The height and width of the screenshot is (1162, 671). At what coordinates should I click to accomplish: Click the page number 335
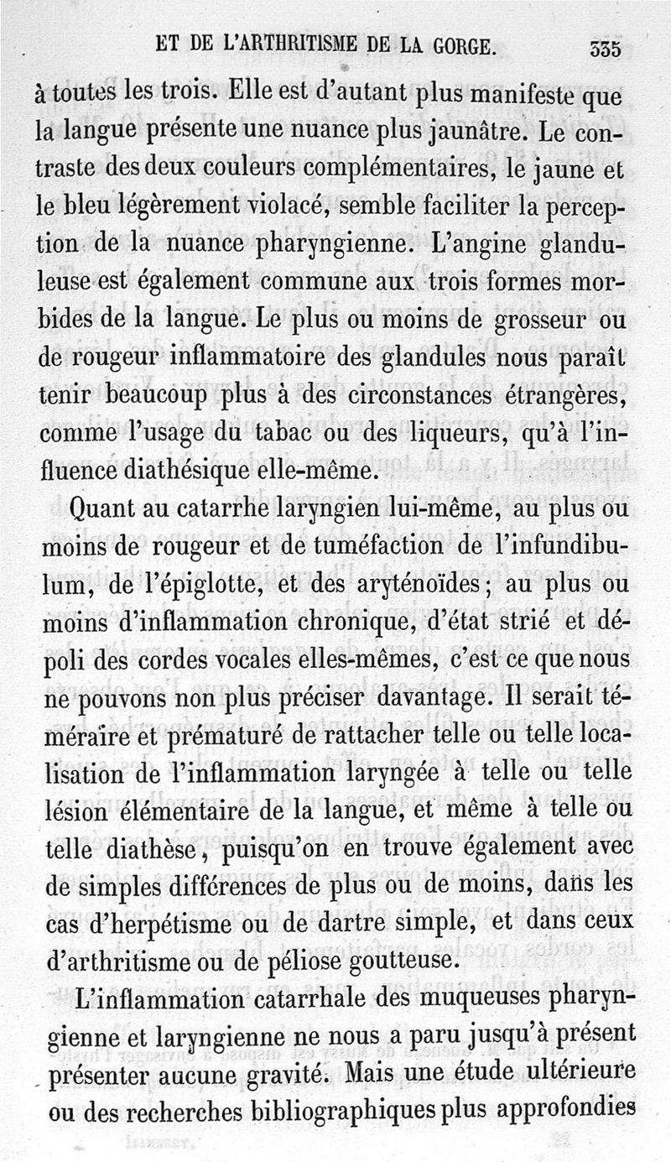pyautogui.click(x=604, y=49)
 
